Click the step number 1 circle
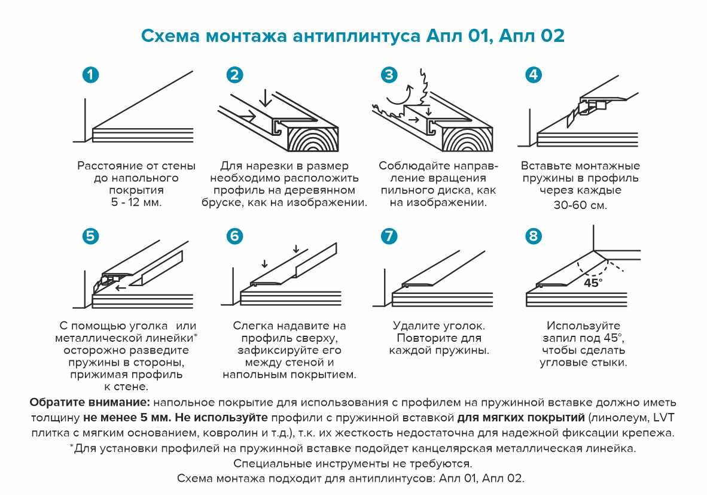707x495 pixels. click(90, 75)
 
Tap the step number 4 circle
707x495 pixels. click(533, 75)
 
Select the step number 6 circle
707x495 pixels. click(235, 236)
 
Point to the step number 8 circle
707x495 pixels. click(533, 236)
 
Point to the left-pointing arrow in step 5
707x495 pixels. click(121, 288)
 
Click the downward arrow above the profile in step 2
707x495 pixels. click(264, 96)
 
